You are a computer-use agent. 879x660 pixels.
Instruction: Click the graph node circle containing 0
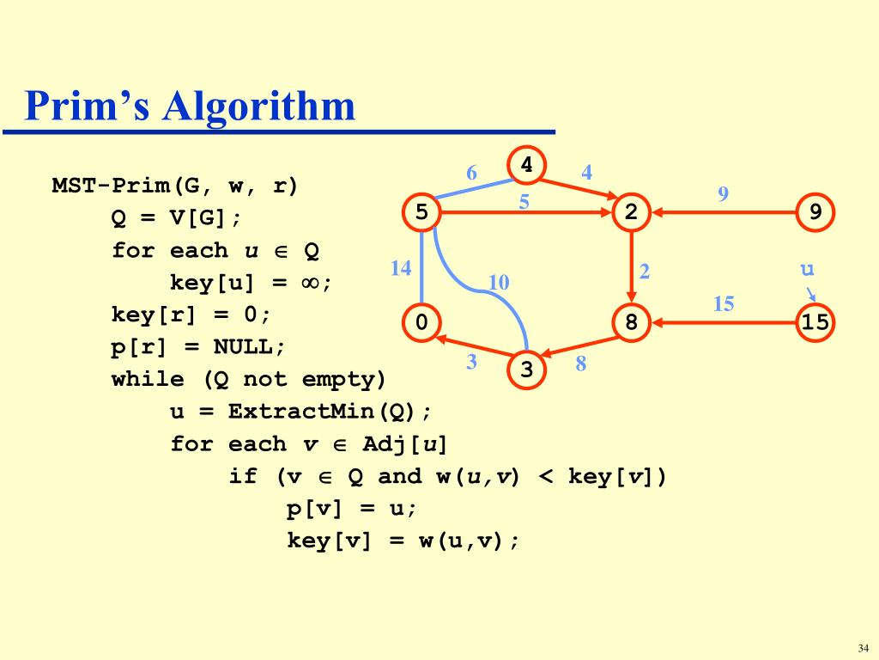pos(421,323)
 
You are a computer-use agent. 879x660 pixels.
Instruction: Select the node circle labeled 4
pos(527,165)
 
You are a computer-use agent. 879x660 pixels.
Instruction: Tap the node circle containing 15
pos(815,323)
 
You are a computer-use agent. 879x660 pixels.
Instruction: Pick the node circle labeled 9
pos(815,212)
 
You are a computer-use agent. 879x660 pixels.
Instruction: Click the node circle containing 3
pos(527,370)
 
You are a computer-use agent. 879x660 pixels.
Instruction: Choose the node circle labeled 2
pos(632,212)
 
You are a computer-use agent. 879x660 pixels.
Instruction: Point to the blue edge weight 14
pos(401,268)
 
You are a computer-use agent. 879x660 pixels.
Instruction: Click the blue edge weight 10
pos(499,283)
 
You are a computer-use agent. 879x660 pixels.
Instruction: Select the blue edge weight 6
pos(471,173)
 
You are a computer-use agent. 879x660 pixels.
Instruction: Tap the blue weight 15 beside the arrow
pos(724,304)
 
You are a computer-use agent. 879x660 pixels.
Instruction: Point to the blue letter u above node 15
pos(807,269)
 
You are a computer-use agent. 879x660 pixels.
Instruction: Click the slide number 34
pos(863,647)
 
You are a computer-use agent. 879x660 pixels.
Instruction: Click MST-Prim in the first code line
pos(110,186)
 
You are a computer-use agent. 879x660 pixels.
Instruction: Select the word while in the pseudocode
pos(147,380)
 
